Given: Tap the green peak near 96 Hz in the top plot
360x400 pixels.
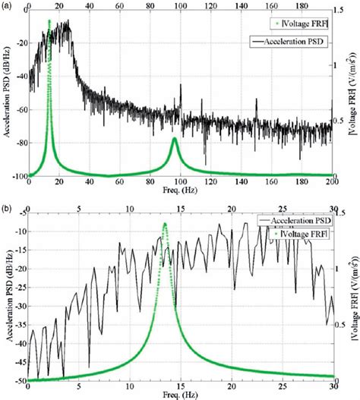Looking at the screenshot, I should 175,138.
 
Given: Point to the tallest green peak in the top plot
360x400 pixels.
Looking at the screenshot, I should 49,21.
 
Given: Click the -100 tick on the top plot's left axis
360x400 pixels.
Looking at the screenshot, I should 16,176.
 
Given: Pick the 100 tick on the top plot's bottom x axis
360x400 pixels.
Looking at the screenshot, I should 181,182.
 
